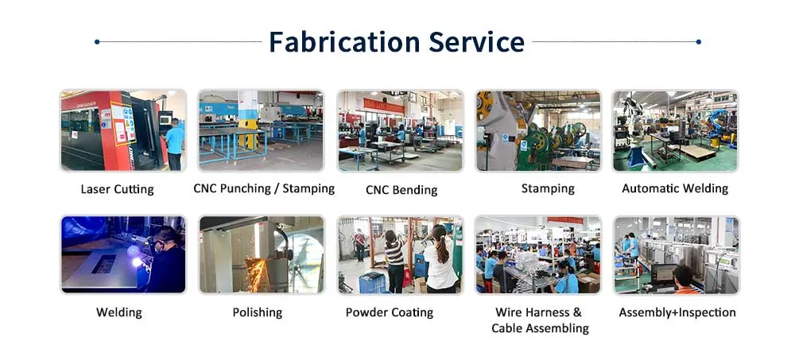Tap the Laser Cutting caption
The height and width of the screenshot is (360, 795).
point(117,189)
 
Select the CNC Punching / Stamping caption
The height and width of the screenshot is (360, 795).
point(264,188)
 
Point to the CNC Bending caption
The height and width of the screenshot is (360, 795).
point(401,190)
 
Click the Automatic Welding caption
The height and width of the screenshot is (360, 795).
point(675,188)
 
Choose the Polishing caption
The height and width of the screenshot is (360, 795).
point(257,312)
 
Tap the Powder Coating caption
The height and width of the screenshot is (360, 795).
point(390,312)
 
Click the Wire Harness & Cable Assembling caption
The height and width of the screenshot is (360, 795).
point(539,320)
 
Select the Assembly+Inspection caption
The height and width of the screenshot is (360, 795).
point(677,312)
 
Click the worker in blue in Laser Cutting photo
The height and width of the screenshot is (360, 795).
point(174,141)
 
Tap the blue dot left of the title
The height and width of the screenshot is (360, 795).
point(96,41)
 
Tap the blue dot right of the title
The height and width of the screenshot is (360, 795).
point(698,41)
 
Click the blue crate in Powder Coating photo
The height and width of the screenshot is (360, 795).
point(371,283)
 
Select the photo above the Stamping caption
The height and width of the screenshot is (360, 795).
point(538,130)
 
